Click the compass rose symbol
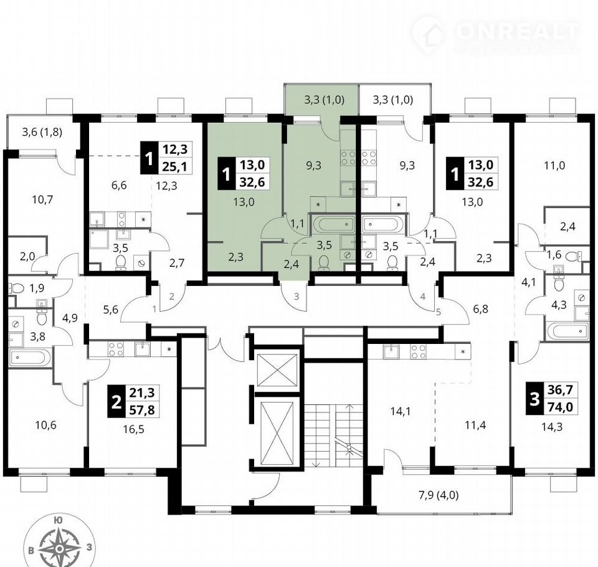(60, 548)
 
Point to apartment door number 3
(297, 296)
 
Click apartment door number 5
(438, 312)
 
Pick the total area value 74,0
(562, 407)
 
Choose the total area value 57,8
(142, 409)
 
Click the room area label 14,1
(400, 411)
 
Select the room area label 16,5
(133, 429)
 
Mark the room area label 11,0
(554, 166)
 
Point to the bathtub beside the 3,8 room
(30, 358)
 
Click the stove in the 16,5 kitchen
(116, 349)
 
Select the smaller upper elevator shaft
(277, 369)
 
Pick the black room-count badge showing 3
(534, 399)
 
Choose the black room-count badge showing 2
(116, 401)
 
